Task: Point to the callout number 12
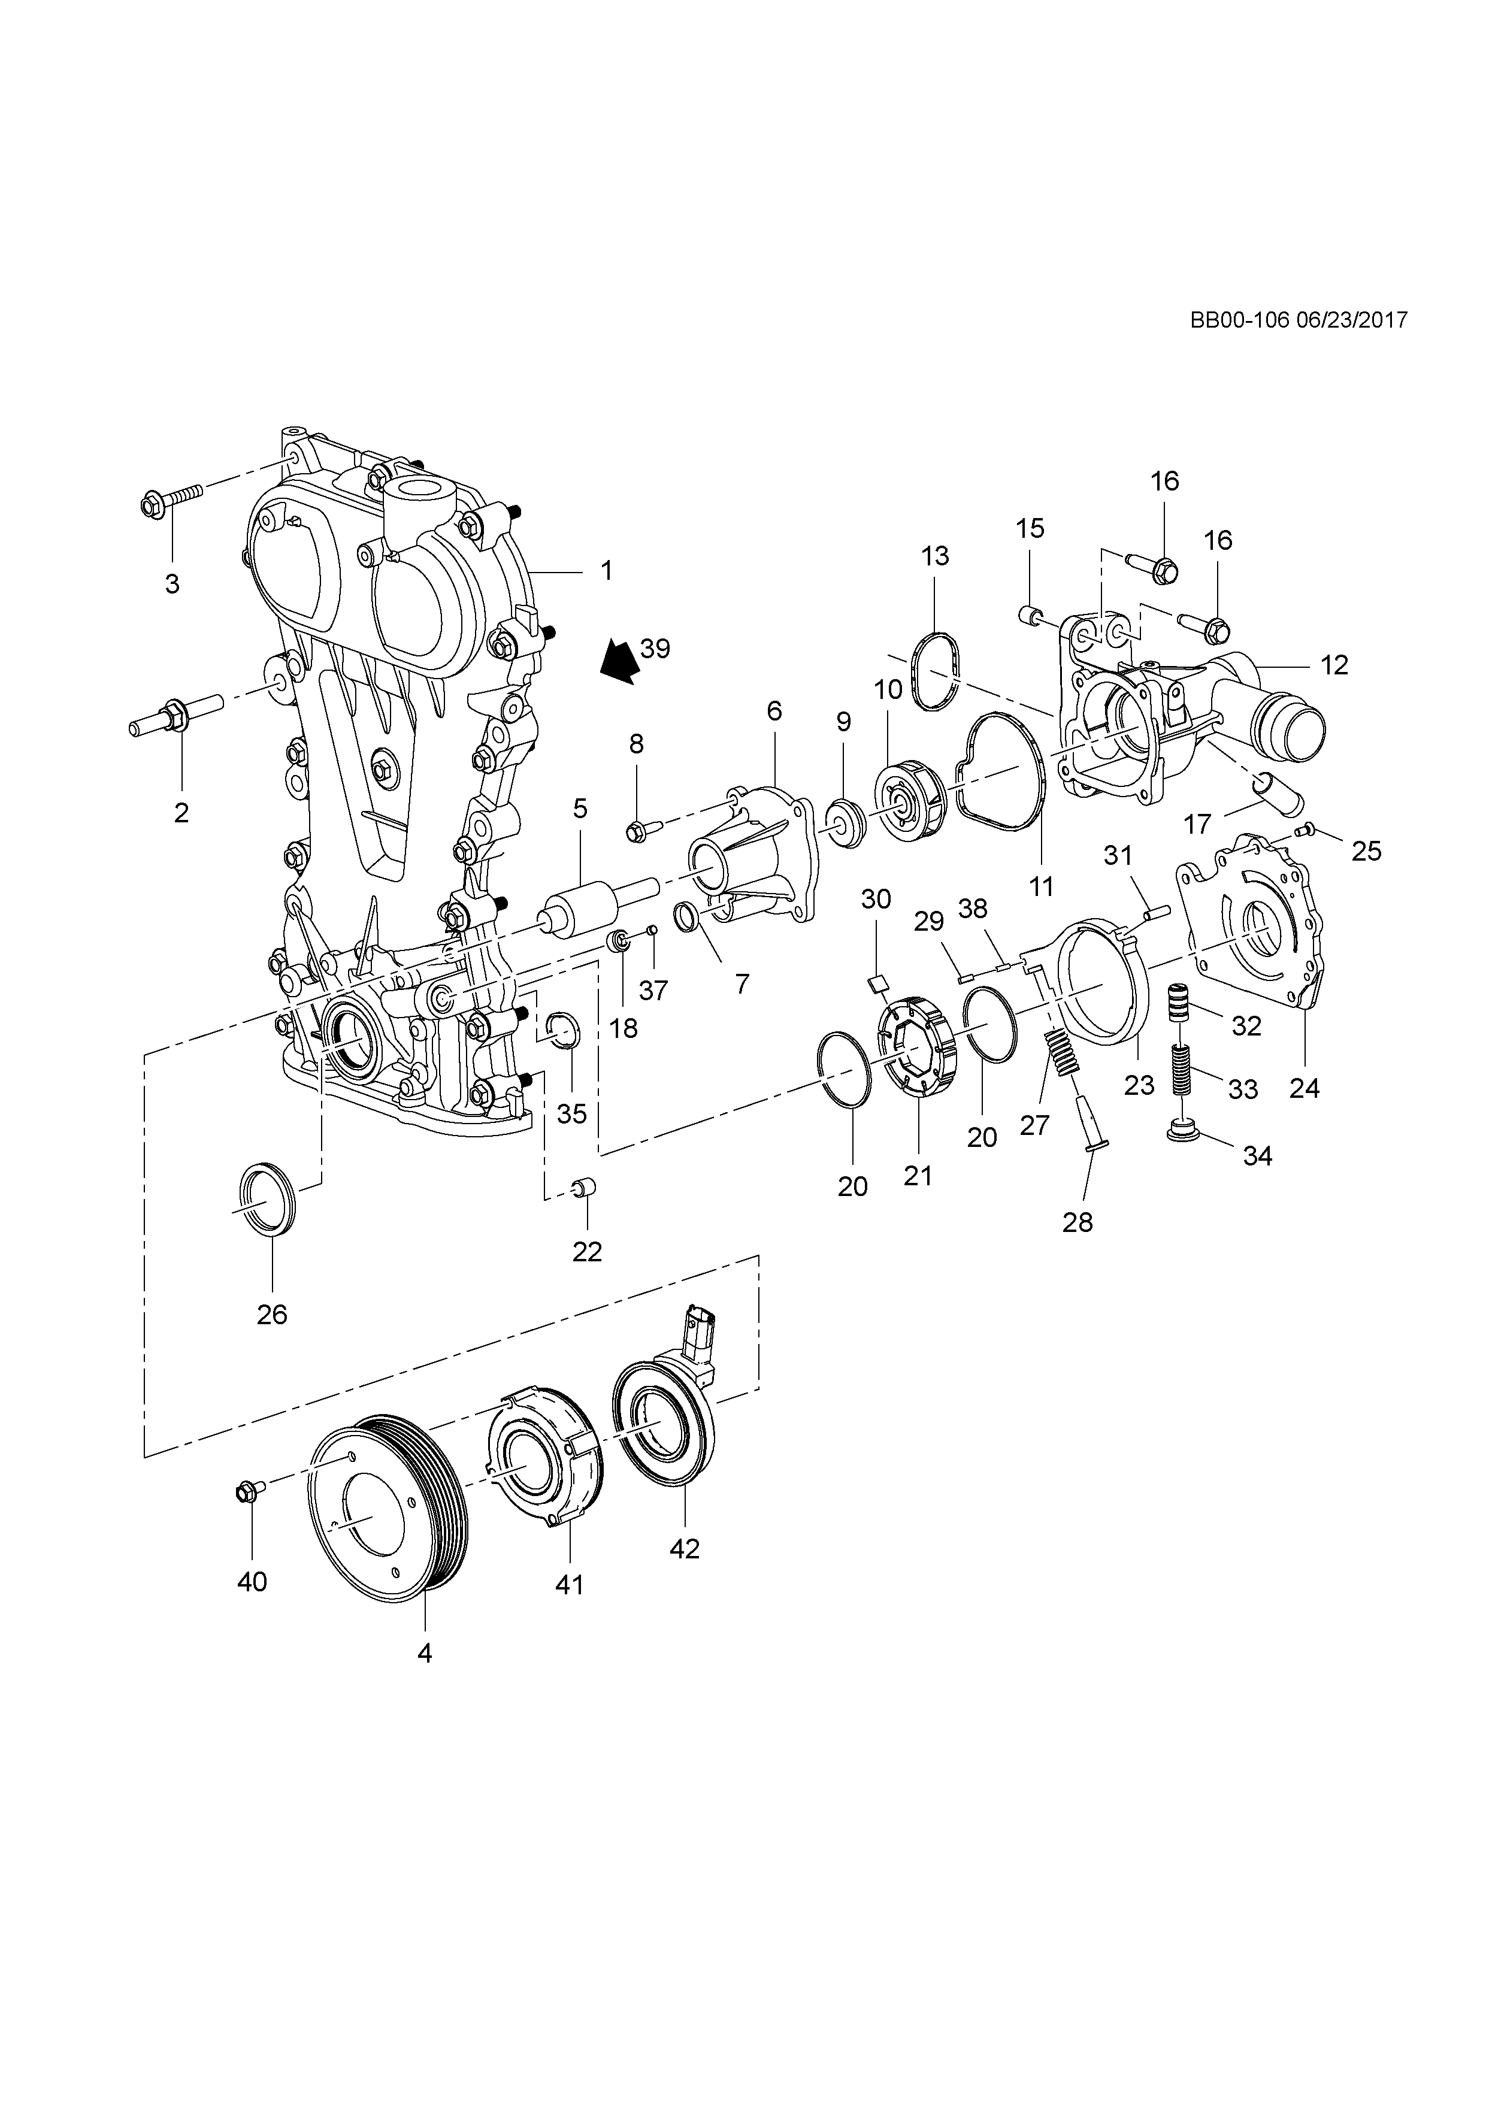click(x=1334, y=665)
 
